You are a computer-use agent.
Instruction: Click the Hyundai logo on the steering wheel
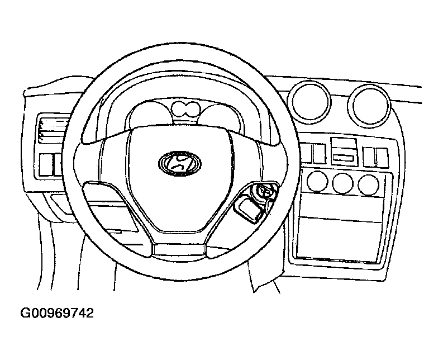[180, 163]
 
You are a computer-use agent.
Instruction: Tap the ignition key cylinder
[265, 192]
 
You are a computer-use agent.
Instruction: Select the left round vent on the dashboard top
[309, 101]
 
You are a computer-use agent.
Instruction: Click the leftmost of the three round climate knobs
[317, 181]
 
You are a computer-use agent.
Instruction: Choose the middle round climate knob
[342, 183]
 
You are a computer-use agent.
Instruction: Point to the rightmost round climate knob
[368, 185]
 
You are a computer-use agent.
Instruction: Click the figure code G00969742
[57, 313]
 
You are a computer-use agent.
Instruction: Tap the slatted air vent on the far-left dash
[53, 131]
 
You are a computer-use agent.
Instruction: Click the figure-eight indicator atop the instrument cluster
[185, 109]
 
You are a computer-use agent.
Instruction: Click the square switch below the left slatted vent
[46, 165]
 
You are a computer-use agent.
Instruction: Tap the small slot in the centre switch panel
[344, 158]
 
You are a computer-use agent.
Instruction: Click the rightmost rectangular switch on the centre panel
[382, 158]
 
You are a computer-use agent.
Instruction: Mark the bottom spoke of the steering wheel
[179, 248]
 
